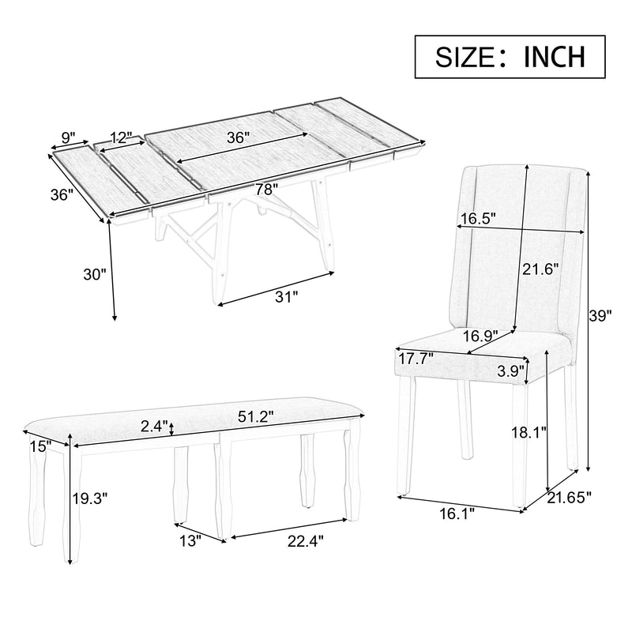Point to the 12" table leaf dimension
pos(121,137)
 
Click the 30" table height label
pos(94,275)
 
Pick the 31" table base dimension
pos(285,297)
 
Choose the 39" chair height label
pos(601,316)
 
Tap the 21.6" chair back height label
pos(540,268)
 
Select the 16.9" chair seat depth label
pos(480,336)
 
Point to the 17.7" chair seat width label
pos(416,359)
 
